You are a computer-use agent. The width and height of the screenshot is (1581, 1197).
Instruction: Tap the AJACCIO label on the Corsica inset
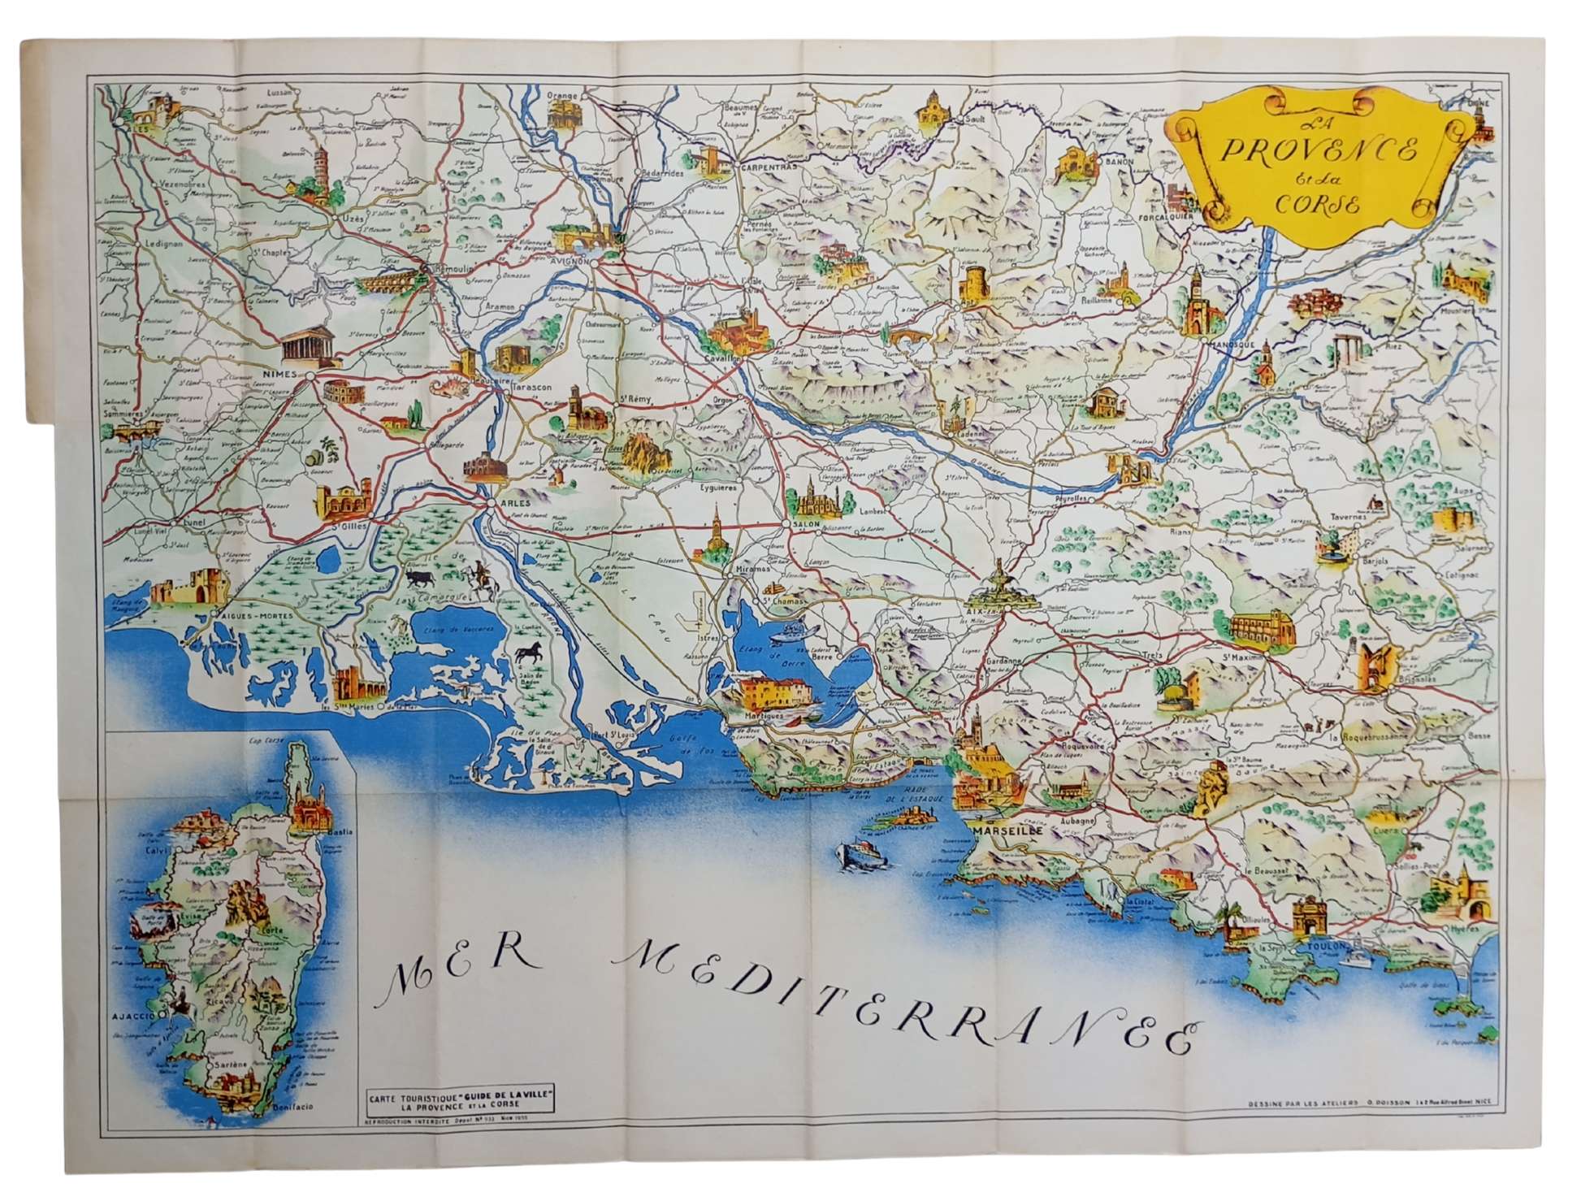pos(135,1017)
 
